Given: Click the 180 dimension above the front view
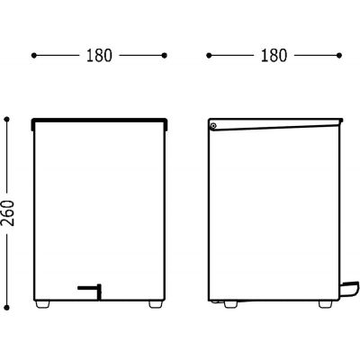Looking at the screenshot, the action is click(99, 56).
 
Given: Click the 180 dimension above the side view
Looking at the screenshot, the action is click(274, 56).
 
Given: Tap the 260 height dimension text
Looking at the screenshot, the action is click(8, 213).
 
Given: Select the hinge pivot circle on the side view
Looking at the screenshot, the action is click(213, 126).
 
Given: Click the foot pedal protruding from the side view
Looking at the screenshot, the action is click(350, 287).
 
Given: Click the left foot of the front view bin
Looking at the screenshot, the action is click(42, 304).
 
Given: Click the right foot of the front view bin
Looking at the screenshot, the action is click(156, 304).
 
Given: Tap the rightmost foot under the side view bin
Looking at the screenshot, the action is click(326, 304).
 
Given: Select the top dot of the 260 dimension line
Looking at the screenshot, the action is click(7, 120).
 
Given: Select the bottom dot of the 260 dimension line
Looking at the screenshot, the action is click(7, 308).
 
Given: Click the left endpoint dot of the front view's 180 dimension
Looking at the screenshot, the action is click(34, 56).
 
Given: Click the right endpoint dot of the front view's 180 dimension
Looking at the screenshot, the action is click(164, 56).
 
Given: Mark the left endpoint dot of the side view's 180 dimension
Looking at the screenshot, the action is click(209, 56).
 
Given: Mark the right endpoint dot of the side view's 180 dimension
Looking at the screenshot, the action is click(339, 56).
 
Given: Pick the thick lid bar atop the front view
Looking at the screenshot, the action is click(99, 121).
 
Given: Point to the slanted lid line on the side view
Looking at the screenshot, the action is click(275, 127).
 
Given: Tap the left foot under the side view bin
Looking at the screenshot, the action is click(230, 304).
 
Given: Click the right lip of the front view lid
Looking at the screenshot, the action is click(166, 125).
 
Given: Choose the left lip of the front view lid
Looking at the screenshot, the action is click(32, 125).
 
